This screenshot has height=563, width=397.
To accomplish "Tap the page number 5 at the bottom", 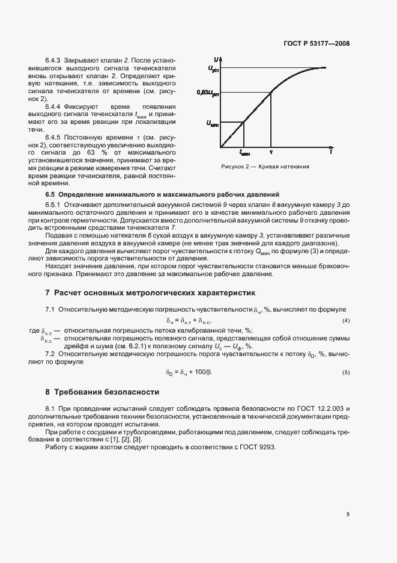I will point(348,514).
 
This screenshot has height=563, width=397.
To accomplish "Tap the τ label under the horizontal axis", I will point(271,153).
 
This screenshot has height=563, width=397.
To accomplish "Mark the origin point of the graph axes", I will point(220,146).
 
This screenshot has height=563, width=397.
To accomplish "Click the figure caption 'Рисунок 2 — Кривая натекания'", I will point(265,167).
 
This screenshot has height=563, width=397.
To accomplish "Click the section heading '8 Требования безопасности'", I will point(102,392).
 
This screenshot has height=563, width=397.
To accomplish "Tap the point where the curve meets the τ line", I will point(271,93).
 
